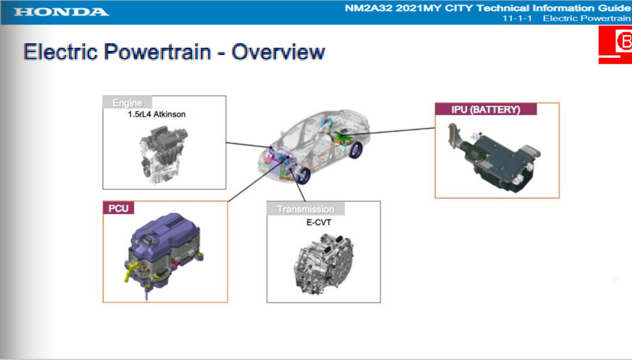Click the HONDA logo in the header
coord(62,12)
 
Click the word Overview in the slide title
coord(278,52)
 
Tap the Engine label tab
coord(127,102)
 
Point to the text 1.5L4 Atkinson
coord(157,114)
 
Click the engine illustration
coord(163,155)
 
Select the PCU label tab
coord(118,208)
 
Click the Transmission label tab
coord(306,209)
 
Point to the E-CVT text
coord(319,223)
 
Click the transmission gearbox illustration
coord(324,264)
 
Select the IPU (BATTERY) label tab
coord(486,109)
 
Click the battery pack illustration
coord(494,157)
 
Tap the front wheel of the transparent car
coord(303,175)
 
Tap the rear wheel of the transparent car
coord(355,149)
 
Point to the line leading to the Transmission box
coord(298,185)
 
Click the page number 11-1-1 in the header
coord(517,18)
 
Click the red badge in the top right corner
coord(615,45)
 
